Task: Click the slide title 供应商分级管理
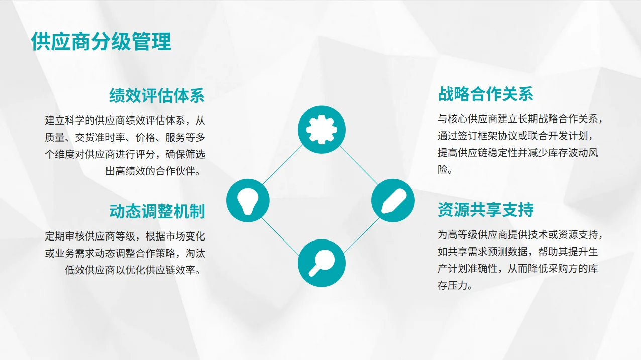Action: pos(101,41)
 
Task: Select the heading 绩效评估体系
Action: pos(157,95)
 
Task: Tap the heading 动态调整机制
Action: pos(157,211)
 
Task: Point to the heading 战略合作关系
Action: pos(485,94)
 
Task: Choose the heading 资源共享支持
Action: pos(485,210)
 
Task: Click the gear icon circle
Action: pos(322,128)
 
